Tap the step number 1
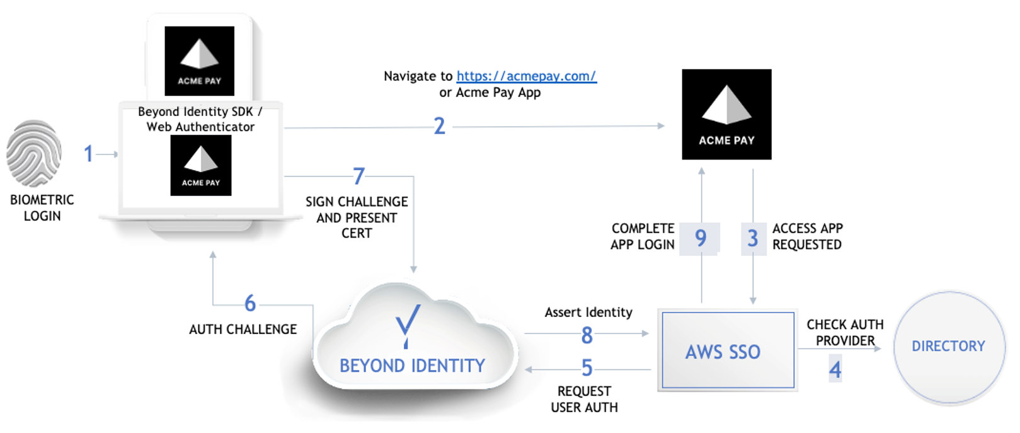point(89,154)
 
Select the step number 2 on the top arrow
point(439,126)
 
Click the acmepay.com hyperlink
point(526,76)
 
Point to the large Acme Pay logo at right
point(726,114)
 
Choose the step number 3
point(752,238)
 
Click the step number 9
point(701,238)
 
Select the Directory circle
point(948,347)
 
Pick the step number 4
point(835,369)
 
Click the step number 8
point(587,335)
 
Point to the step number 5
point(587,368)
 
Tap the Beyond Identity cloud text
point(412,366)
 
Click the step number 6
point(250,304)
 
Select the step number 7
point(358,176)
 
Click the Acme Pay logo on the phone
point(199,61)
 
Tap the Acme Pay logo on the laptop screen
point(201,166)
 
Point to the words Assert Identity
point(588,313)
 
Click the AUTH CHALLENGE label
point(243,329)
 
